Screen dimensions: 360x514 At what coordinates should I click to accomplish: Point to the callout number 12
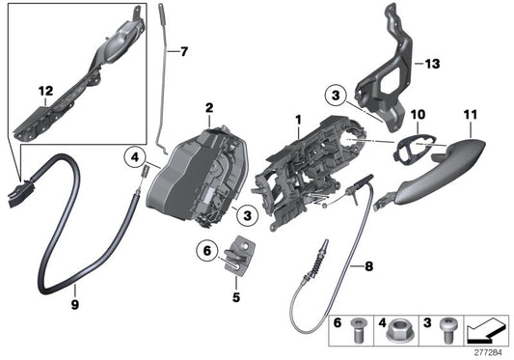click(x=44, y=91)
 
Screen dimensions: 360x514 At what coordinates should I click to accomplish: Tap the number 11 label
click(x=469, y=114)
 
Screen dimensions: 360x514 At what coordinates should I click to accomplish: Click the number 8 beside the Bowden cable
click(x=367, y=263)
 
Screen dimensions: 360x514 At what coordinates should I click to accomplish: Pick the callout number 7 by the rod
click(x=185, y=50)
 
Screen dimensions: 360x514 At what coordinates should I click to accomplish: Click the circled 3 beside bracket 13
click(x=334, y=96)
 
